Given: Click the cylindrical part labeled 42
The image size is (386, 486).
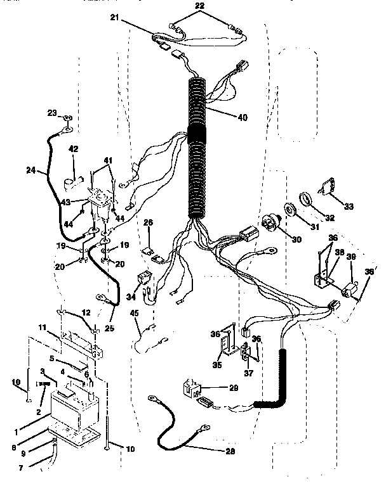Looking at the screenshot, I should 71,184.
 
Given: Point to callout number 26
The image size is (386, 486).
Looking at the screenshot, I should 147,222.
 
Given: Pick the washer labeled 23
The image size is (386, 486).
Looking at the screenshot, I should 67,118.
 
